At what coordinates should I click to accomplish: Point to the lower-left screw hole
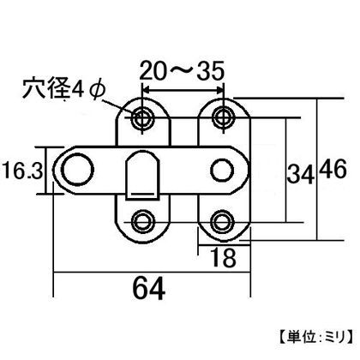141,221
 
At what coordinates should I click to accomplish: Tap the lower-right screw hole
224,221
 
